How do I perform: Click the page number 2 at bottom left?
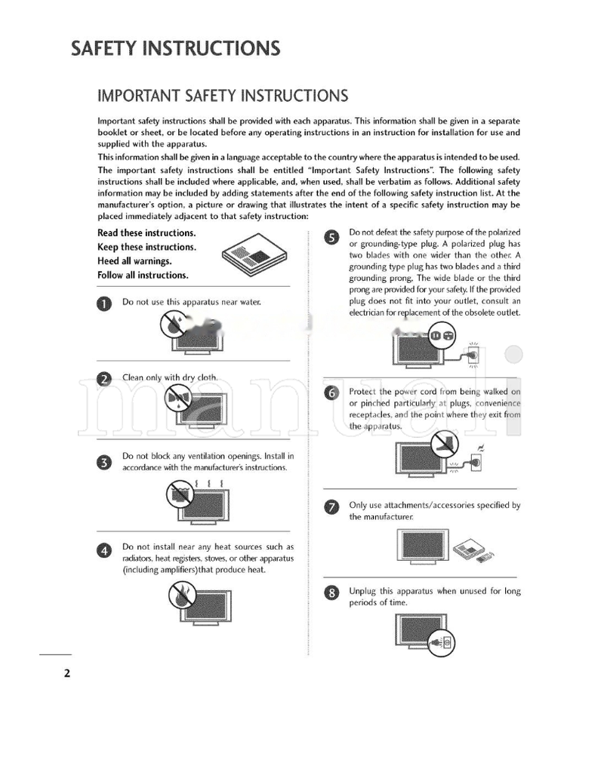pos(66,673)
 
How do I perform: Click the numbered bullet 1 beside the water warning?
pos(106,303)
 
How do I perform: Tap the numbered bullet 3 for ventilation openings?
pos(106,461)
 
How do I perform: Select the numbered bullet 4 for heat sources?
pos(106,550)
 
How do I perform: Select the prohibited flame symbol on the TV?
pos(180,597)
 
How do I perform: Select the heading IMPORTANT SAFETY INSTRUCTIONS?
pos(223,96)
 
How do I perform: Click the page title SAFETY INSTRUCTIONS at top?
pos(175,49)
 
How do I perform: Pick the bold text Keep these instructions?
pos(146,247)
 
